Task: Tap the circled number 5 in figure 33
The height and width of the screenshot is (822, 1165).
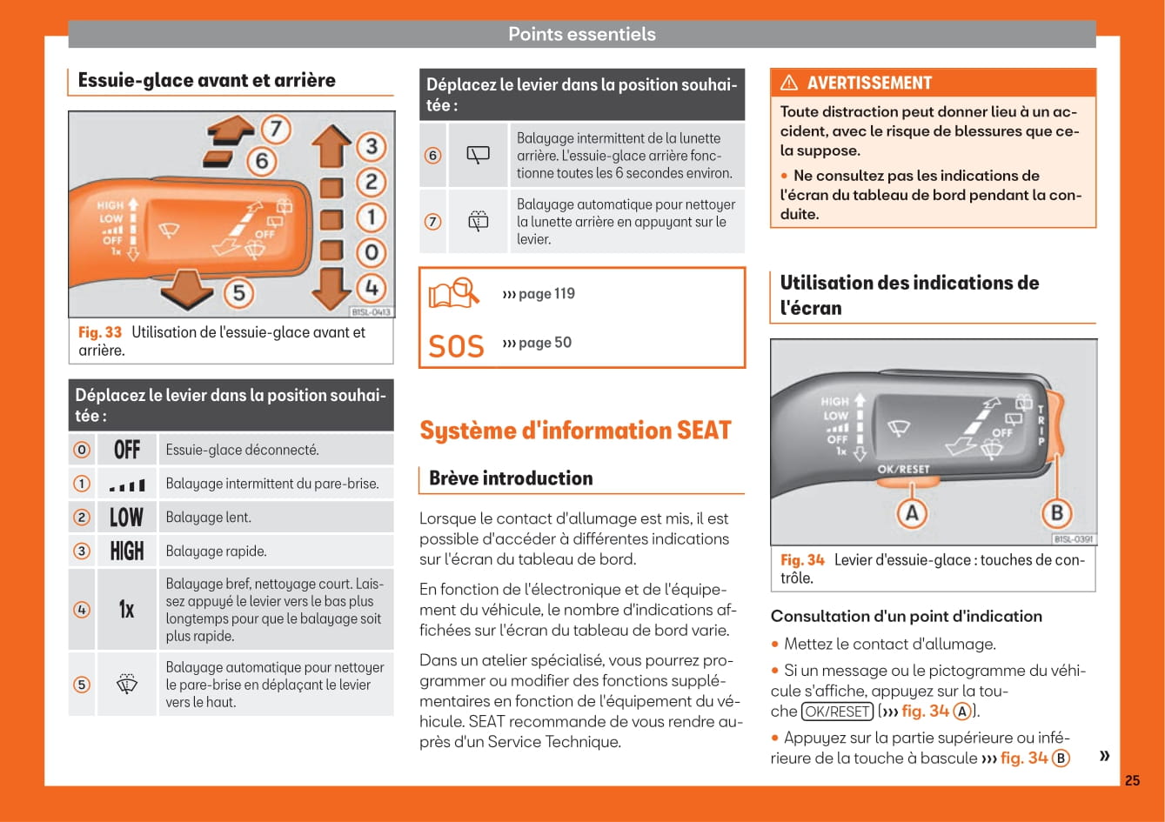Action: (238, 293)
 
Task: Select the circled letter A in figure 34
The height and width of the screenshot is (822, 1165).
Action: (911, 513)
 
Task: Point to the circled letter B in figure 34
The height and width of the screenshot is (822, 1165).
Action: (1056, 513)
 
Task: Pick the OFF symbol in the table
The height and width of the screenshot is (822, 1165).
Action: (127, 450)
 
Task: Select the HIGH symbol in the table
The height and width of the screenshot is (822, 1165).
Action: (127, 551)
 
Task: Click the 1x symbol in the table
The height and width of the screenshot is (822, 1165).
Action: (127, 610)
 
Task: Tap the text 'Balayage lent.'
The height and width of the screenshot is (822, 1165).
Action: (209, 518)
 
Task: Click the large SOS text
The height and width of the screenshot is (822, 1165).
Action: (456, 346)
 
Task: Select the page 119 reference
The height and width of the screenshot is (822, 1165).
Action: (539, 294)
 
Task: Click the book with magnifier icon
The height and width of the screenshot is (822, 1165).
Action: (454, 293)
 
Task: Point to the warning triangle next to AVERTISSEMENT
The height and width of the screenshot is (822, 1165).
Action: (789, 84)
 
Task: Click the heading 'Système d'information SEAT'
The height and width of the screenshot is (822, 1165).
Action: (575, 431)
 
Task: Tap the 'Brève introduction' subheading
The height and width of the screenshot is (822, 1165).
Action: (511, 478)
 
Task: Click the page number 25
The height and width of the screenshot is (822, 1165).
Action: (1131, 780)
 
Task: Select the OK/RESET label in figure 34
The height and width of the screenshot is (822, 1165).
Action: (903, 469)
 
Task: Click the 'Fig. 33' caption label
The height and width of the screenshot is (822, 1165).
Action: (100, 332)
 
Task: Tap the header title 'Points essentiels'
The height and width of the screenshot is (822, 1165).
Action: (581, 34)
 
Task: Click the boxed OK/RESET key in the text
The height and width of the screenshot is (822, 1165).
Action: (836, 711)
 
